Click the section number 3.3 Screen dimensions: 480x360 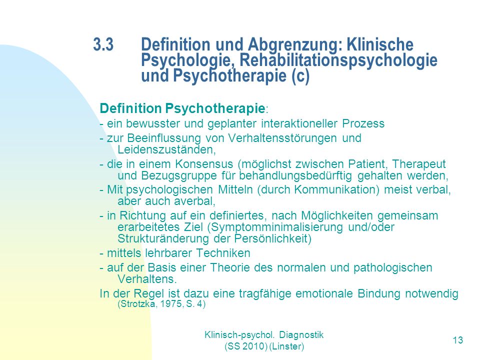coord(103,44)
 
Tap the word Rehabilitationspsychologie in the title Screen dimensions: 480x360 coord(338,60)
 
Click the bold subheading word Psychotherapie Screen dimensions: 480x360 coord(215,108)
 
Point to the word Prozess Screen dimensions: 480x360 coord(363,123)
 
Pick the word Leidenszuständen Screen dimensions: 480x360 coord(166,149)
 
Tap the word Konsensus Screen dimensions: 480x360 coord(204,164)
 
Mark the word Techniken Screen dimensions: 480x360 coord(223,253)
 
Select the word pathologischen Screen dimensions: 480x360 coord(393,268)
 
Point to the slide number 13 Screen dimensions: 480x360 coord(458,340)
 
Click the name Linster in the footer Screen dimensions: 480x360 coord(287,346)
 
